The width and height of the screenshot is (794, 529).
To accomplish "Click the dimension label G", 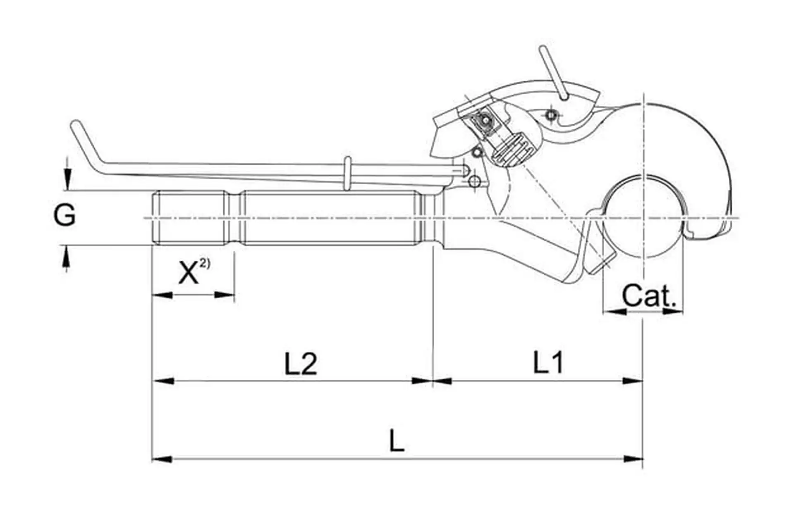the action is [x=65, y=215].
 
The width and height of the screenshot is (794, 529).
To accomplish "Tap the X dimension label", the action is [x=188, y=273].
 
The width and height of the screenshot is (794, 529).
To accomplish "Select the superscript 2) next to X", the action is [x=204, y=263].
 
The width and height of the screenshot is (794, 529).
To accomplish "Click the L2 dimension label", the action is [x=301, y=363].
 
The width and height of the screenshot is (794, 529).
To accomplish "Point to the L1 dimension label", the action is [x=548, y=362].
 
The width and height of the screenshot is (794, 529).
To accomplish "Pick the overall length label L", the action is [x=397, y=441].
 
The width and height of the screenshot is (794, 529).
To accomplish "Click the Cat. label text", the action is [x=648, y=296].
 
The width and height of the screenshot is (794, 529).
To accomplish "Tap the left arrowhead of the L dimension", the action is [x=162, y=459].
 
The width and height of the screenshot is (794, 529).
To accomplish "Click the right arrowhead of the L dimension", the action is [x=633, y=459].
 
